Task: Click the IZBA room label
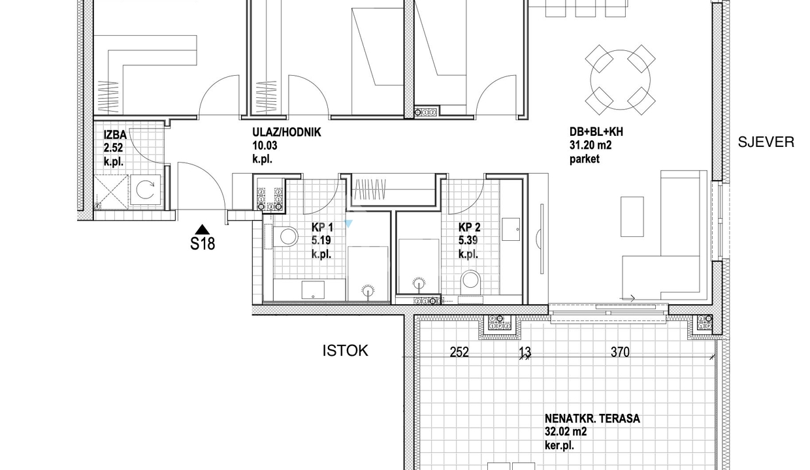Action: click(x=115, y=134)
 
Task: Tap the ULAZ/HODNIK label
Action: click(x=286, y=133)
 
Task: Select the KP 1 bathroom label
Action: click(x=322, y=227)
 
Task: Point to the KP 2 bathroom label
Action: click(x=470, y=227)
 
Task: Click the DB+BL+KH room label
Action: click(x=596, y=132)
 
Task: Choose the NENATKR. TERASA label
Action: click(x=592, y=418)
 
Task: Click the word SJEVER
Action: click(x=766, y=142)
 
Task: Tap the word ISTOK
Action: click(x=346, y=351)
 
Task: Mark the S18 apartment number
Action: click(x=202, y=244)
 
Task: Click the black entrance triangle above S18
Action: click(x=202, y=230)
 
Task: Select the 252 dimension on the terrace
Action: click(x=459, y=352)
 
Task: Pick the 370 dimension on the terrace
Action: click(x=620, y=352)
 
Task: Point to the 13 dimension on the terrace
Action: click(x=525, y=351)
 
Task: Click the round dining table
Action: click(x=620, y=80)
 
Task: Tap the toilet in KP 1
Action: click(x=285, y=236)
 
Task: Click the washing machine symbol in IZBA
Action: click(x=146, y=190)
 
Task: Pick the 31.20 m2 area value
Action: click(x=591, y=145)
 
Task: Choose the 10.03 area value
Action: click(x=265, y=146)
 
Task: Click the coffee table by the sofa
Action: click(x=632, y=216)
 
